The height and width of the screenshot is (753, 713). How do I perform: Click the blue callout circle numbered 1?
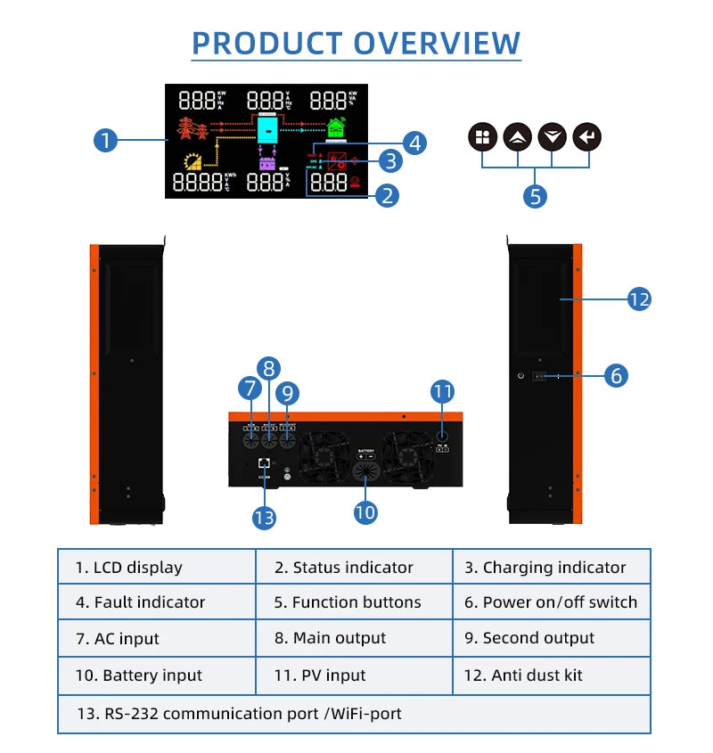click(106, 140)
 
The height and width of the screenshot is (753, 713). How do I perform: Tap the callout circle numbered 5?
click(534, 195)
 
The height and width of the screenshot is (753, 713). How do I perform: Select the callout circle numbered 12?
click(639, 299)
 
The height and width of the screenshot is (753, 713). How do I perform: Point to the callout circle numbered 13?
click(264, 518)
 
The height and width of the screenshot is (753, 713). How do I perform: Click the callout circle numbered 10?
click(366, 512)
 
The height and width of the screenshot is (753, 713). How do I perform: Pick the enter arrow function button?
click(587, 137)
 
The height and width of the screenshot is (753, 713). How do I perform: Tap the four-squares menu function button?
click(483, 137)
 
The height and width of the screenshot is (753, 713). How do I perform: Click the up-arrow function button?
click(518, 137)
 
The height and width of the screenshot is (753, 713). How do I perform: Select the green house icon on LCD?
click(336, 129)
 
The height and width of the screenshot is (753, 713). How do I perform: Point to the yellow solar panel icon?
click(193, 161)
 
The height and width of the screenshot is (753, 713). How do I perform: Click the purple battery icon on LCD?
click(267, 161)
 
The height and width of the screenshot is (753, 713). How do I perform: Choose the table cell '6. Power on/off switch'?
click(551, 602)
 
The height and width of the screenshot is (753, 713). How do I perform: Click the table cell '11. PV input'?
click(354, 675)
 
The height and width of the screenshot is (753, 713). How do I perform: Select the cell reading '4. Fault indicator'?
click(157, 602)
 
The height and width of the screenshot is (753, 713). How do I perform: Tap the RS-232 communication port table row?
click(354, 714)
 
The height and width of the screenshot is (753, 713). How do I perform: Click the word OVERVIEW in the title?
click(437, 43)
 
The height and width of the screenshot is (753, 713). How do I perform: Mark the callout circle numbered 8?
click(269, 367)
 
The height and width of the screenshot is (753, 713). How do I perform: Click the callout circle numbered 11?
click(443, 390)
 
